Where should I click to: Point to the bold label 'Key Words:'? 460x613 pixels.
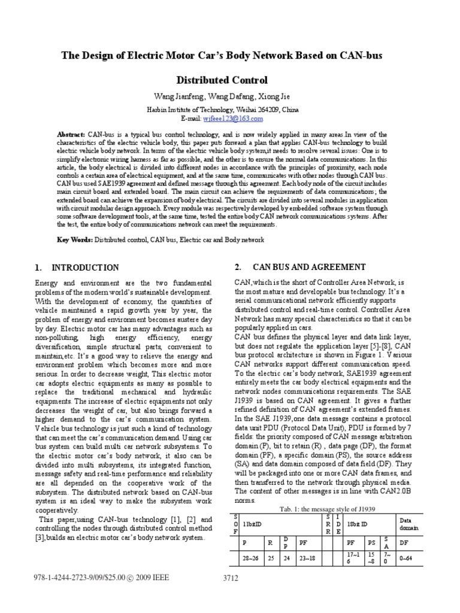tap(74, 239)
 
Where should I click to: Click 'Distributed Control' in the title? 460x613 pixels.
tap(222, 80)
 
